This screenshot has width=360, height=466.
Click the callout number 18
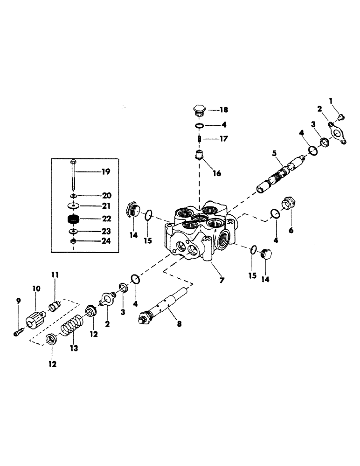pyautogui.click(x=223, y=110)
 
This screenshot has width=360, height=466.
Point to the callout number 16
pyautogui.click(x=217, y=173)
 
